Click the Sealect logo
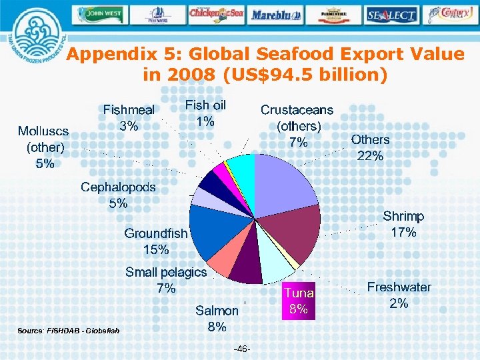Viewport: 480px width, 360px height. (391, 14)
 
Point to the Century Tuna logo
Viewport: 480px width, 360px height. (450, 13)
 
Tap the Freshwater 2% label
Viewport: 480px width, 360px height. (399, 295)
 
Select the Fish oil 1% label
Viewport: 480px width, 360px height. (205, 113)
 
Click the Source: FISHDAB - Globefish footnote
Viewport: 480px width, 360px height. (64, 331)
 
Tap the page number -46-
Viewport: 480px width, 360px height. (242, 349)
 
